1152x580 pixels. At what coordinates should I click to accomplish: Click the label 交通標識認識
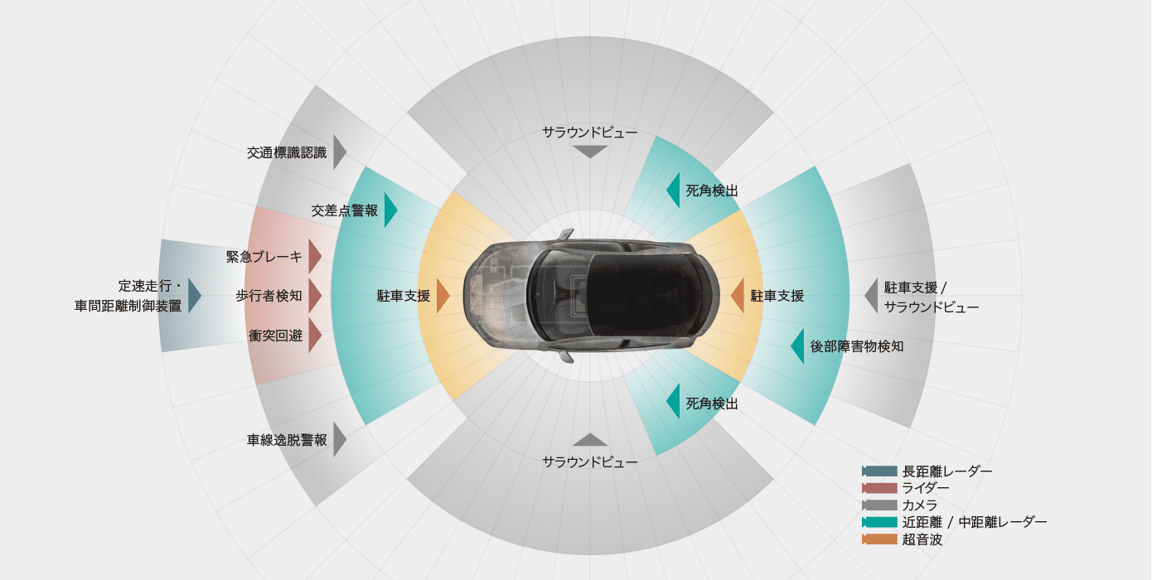pyautogui.click(x=287, y=152)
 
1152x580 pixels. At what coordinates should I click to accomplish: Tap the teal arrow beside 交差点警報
pyautogui.click(x=391, y=210)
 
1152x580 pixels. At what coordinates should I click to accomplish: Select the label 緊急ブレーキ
pyautogui.click(x=264, y=257)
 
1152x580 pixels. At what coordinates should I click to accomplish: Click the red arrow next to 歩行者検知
pyautogui.click(x=315, y=296)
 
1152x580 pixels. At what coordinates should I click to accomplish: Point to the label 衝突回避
pyautogui.click(x=276, y=336)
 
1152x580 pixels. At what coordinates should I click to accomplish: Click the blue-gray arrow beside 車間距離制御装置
pyautogui.click(x=195, y=296)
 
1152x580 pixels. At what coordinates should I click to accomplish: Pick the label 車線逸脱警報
pyautogui.click(x=287, y=440)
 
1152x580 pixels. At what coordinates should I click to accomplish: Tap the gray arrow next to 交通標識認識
pyautogui.click(x=340, y=152)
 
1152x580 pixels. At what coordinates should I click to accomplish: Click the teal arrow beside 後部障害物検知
pyautogui.click(x=797, y=346)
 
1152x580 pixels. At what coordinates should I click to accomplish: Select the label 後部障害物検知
pyautogui.click(x=857, y=346)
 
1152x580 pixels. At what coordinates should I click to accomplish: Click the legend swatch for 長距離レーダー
pyautogui.click(x=879, y=471)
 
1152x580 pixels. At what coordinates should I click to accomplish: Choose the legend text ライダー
pyautogui.click(x=926, y=488)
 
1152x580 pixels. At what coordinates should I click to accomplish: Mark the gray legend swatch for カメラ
pyautogui.click(x=879, y=505)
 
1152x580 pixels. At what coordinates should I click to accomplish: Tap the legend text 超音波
pyautogui.click(x=922, y=539)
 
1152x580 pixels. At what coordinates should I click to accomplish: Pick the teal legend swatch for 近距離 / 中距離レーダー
pyautogui.click(x=879, y=522)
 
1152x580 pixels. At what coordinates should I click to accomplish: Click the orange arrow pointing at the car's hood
pyautogui.click(x=443, y=296)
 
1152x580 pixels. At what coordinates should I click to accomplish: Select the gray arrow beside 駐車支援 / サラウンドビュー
pyautogui.click(x=871, y=296)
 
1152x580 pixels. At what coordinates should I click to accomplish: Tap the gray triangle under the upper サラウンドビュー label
pyautogui.click(x=590, y=152)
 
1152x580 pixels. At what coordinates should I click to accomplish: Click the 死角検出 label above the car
pyautogui.click(x=712, y=191)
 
